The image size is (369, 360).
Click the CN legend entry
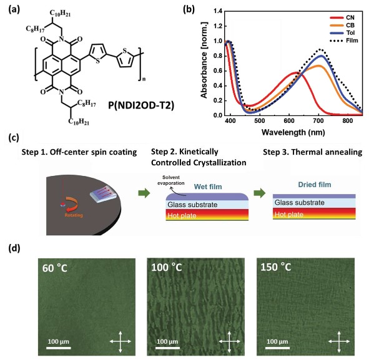point(342,17)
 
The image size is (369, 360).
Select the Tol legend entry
point(342,33)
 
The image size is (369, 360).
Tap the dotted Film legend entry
point(344,41)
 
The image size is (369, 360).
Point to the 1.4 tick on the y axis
point(218,11)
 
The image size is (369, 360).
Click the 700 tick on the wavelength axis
point(318,121)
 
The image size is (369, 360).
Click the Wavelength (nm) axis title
point(293,132)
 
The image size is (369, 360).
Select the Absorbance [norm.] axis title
point(204,60)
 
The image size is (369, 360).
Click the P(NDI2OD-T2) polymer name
point(141,105)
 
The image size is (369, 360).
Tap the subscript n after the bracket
point(144,79)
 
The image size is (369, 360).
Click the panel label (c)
point(14,137)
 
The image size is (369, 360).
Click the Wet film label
point(208,187)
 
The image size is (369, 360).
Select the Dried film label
point(315,185)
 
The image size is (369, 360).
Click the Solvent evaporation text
point(171,180)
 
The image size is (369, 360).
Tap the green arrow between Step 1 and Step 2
point(144,193)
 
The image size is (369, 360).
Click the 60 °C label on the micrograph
point(55,268)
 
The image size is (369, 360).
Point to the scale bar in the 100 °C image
point(167,348)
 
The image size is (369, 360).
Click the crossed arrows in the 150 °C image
point(339,342)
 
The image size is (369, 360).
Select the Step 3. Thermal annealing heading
point(313,152)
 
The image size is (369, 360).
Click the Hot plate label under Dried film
point(289,215)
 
